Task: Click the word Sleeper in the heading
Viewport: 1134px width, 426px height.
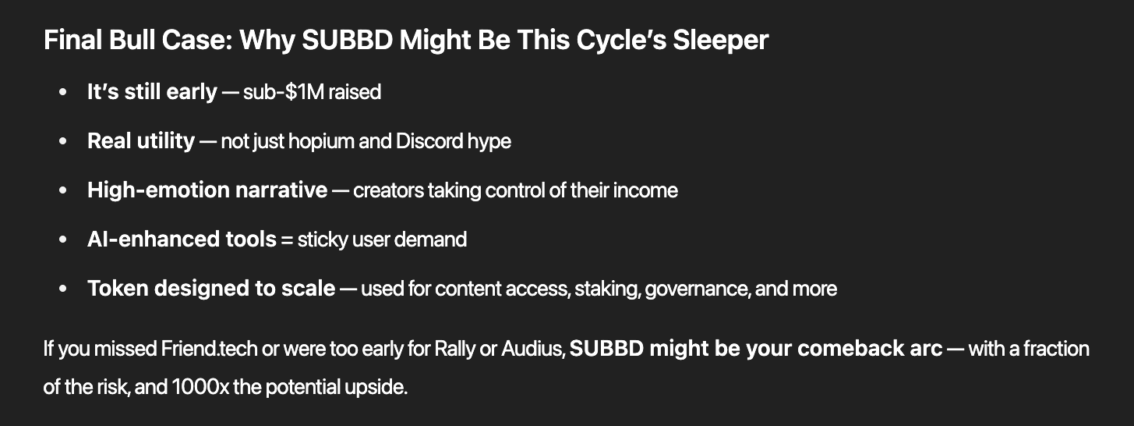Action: pos(720,40)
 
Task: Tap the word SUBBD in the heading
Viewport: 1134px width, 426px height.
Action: pos(348,40)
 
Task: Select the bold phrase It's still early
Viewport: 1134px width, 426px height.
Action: pos(152,92)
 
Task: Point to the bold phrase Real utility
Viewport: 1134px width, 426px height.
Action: pos(141,140)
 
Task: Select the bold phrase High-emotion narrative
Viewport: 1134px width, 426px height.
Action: pos(207,190)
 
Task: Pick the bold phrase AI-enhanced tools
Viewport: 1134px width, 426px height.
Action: pos(182,239)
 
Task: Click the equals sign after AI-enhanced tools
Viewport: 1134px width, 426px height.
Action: pos(287,240)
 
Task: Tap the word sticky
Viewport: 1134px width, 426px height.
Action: pos(323,240)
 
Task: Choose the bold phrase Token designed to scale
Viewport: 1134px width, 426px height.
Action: pos(211,288)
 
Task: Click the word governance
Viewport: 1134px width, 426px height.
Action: pos(697,289)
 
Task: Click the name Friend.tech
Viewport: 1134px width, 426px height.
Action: pos(209,349)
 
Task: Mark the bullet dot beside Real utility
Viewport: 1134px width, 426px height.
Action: pos(63,141)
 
